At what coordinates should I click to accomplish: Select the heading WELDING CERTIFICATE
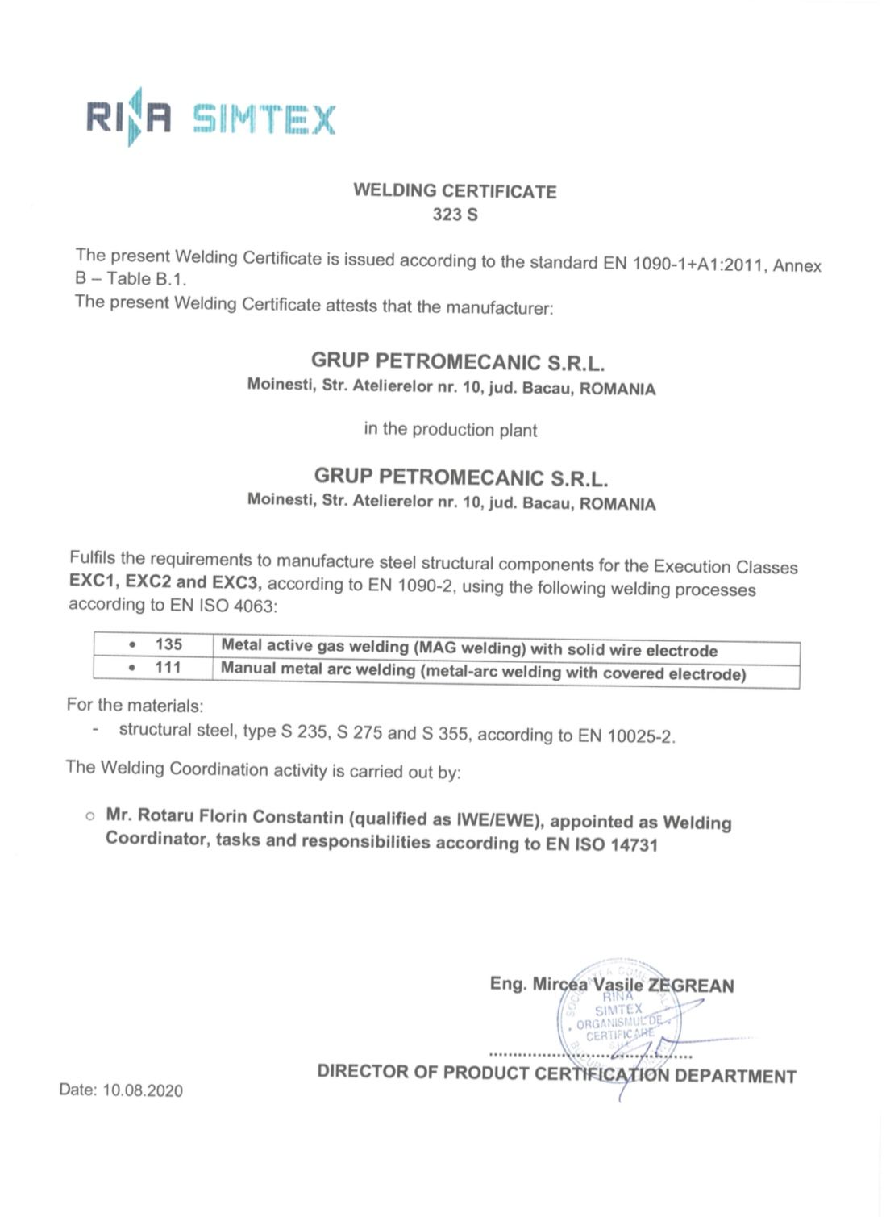(x=455, y=191)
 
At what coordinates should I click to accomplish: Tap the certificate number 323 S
(x=455, y=215)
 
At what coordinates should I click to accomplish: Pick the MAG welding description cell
(x=469, y=648)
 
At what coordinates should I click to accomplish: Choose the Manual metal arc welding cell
(x=484, y=672)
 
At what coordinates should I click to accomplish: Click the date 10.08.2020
(x=142, y=1090)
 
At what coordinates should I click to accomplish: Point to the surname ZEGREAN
(x=691, y=986)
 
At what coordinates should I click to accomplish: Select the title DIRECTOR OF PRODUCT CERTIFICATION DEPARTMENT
(x=556, y=1073)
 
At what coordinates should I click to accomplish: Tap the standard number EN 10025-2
(x=626, y=736)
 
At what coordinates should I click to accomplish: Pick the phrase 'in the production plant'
(x=450, y=429)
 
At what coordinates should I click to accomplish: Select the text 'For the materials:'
(x=135, y=705)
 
